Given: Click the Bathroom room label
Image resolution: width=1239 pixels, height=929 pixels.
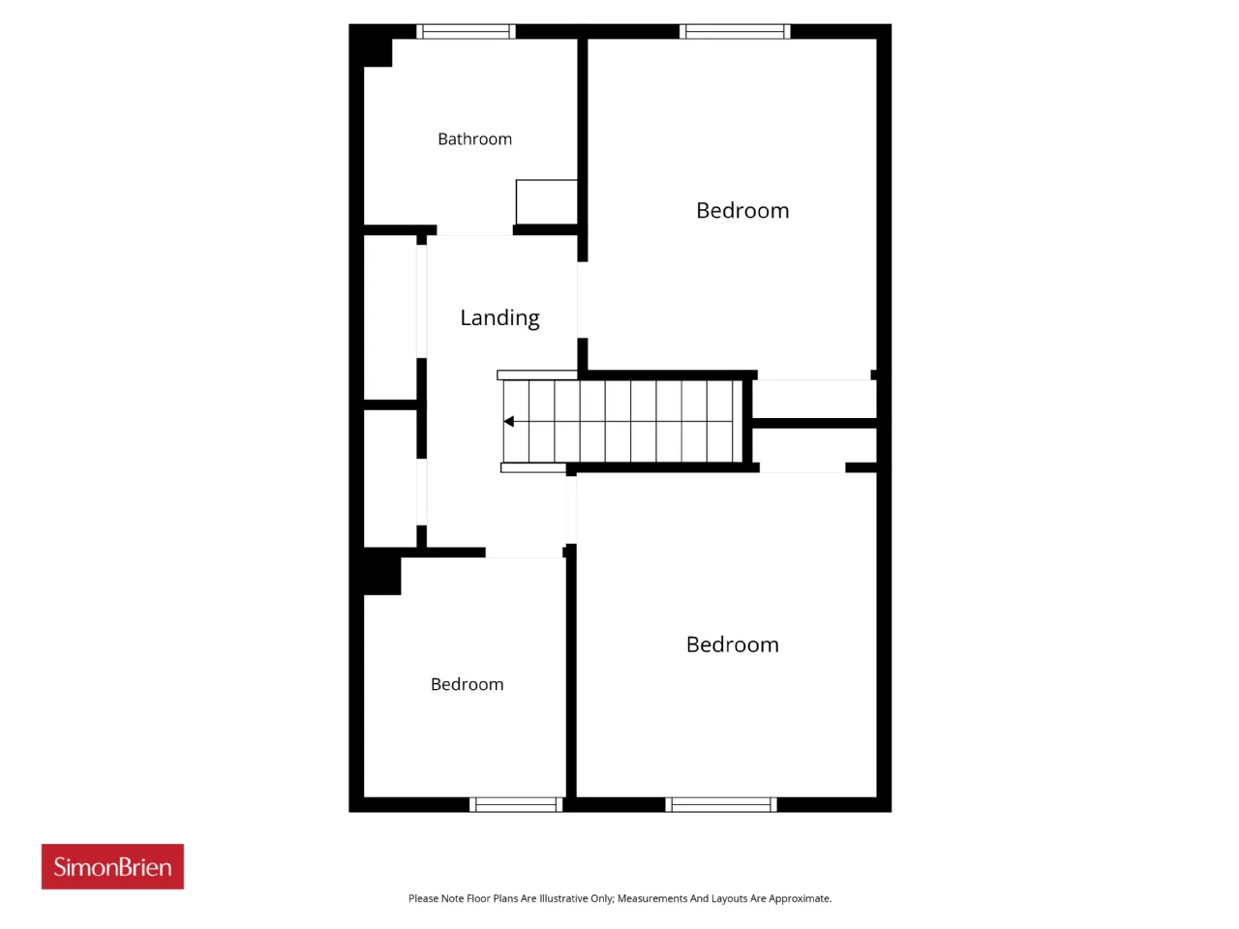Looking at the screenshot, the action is pos(474,138).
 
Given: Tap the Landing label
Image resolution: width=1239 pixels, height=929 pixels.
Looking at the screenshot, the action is pos(499,318).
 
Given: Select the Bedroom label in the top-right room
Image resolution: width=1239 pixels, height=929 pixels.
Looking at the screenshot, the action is pos(742,210).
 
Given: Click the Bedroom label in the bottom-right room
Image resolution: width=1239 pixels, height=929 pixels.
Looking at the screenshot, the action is pos(732,644).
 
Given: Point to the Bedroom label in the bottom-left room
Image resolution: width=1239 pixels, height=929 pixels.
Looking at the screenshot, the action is pos(467,684).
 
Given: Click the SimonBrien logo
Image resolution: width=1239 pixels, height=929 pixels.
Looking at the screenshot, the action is pos(112,866).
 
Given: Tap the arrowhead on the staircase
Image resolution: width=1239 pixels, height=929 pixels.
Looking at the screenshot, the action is pos(508,421).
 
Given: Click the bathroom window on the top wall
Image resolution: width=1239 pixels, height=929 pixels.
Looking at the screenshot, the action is pos(466,31).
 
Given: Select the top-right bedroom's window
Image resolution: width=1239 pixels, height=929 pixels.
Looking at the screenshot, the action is pos(735,31).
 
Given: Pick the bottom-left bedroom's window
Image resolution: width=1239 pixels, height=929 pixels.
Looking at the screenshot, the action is pos(516,804).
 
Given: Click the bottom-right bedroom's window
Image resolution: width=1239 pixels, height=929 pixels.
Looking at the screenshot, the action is pos(721,804).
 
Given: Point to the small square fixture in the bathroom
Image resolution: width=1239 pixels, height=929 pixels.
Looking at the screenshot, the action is pos(546,202).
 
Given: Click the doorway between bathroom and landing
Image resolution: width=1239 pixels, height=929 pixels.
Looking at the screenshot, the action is pos(474,230).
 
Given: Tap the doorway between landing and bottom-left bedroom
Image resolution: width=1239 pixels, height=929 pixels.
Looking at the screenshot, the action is pos(525,553).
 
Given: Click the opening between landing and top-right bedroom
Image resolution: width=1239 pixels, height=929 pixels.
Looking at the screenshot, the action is pos(582,300).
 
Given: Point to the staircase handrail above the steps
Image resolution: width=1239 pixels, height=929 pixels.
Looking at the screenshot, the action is pos(537,375).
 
